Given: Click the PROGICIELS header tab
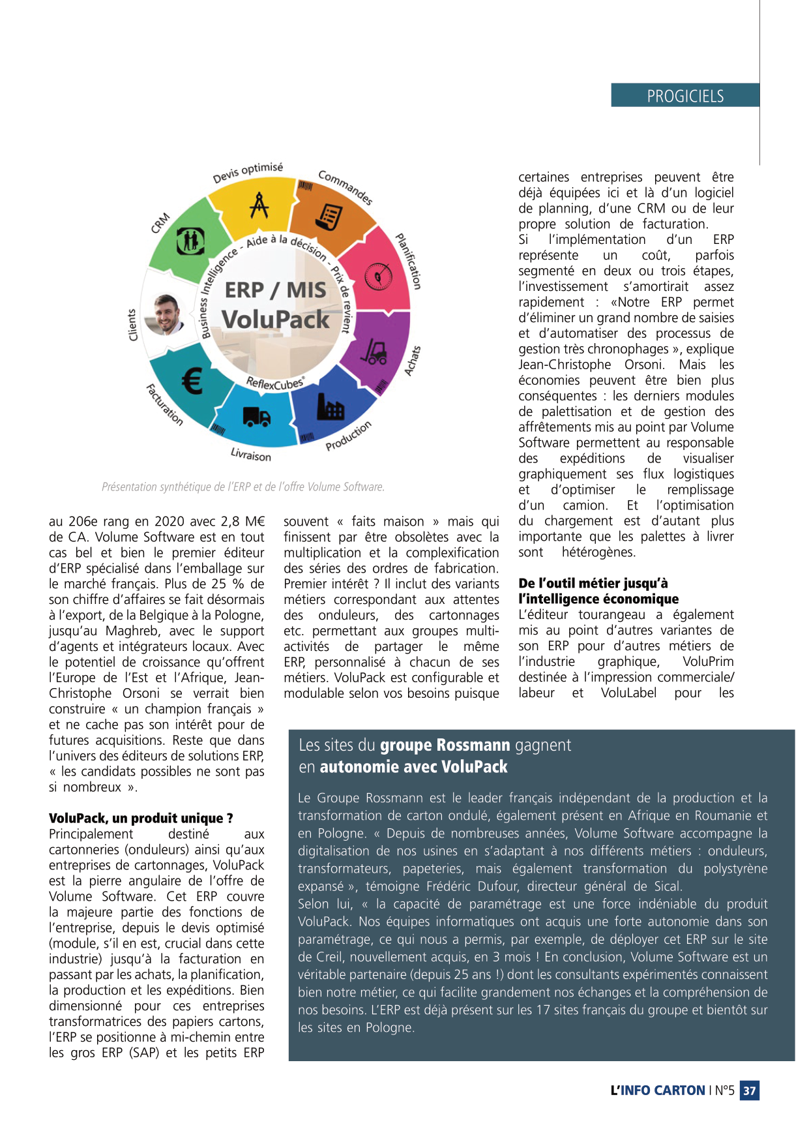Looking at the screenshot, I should [684, 96].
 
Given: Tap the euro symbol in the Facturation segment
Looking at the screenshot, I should [191, 381].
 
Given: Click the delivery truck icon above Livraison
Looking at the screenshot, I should [256, 416].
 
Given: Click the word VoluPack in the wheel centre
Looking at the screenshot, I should [275, 320].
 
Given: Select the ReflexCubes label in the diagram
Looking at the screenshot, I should [274, 384].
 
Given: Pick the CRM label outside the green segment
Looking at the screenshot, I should [160, 222].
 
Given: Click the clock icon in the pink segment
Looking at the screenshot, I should [377, 277].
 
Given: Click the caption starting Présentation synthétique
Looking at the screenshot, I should [243, 487].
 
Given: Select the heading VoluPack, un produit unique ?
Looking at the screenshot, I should [141, 818].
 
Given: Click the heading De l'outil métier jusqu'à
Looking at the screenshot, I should [593, 583].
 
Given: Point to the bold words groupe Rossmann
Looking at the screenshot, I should [445, 745].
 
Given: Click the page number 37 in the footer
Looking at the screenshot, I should [750, 1091].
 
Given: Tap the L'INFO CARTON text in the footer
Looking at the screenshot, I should [657, 1091].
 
